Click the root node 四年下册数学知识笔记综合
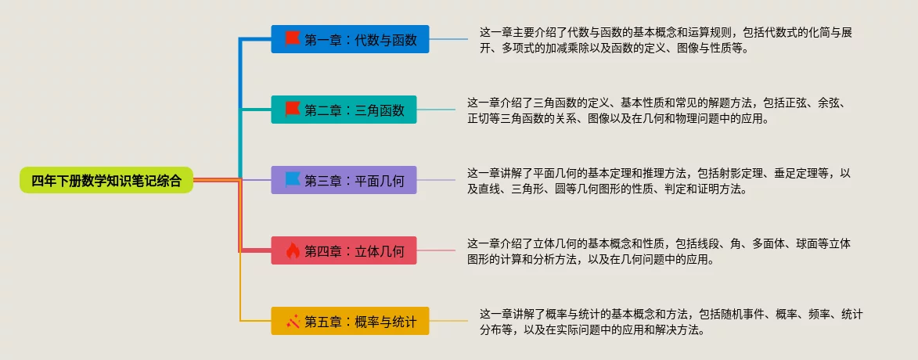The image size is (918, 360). (106, 181)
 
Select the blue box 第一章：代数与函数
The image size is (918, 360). (350, 39)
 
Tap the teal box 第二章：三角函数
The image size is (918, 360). (344, 110)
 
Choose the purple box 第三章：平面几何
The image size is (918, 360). (344, 181)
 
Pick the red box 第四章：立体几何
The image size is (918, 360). (344, 251)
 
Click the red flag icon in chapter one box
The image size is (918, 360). (292, 38)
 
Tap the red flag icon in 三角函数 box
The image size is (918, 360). (292, 109)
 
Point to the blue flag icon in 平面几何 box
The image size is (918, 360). (292, 180)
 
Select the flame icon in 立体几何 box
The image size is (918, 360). (292, 251)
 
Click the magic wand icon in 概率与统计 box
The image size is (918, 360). (292, 321)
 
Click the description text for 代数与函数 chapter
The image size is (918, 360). (673, 40)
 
